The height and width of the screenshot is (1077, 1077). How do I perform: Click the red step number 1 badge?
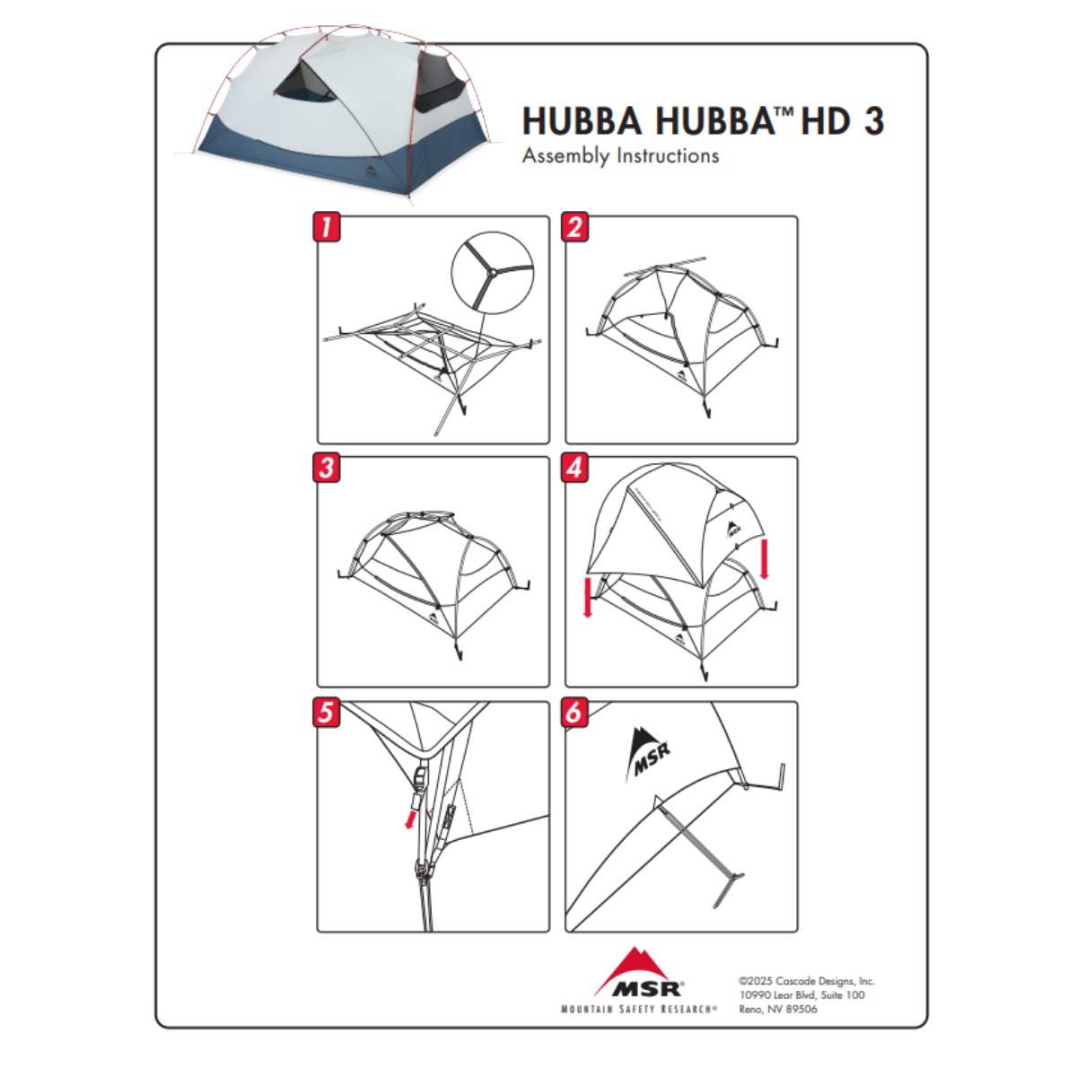327,226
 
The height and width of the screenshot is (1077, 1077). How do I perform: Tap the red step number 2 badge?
574,226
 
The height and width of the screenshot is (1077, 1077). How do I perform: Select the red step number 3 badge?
327,468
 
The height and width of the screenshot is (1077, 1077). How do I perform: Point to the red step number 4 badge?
574,468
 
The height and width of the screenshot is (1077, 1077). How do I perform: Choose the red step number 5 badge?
327,712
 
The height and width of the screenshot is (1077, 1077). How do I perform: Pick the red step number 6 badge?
574,712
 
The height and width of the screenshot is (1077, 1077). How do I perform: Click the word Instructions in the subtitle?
668,154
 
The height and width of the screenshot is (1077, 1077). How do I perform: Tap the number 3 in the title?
874,121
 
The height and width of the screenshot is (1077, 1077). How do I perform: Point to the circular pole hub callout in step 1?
493,273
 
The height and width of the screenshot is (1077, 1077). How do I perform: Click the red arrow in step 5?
411,819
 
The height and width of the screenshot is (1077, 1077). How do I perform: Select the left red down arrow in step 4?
587,598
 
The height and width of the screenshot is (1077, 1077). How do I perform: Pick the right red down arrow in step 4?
766,558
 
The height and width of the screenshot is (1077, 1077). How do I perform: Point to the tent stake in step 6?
699,851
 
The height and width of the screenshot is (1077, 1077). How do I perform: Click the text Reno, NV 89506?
778,1009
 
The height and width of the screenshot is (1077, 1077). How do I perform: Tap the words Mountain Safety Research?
639,1009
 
